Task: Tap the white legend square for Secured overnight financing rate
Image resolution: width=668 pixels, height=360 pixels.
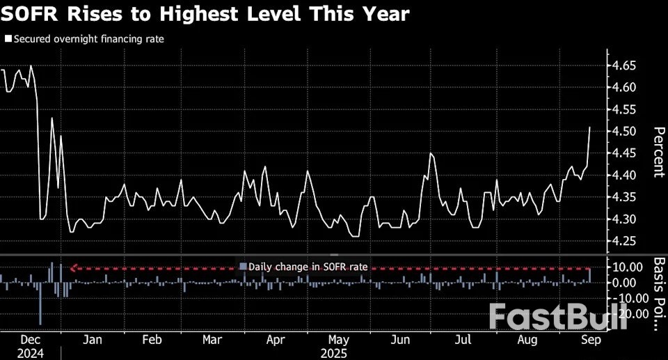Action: [x=8, y=40]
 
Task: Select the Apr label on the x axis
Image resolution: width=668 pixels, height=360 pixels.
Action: [x=276, y=341]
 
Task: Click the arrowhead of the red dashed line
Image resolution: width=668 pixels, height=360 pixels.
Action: [x=72, y=268]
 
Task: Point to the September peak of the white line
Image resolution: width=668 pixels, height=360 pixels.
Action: [x=590, y=127]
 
